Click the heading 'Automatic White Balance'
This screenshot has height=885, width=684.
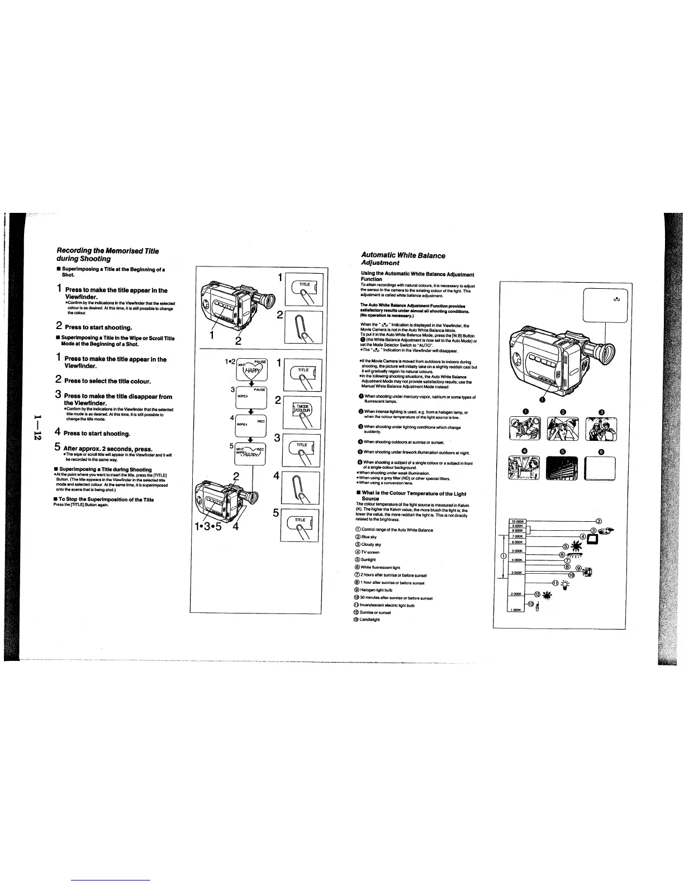(403, 255)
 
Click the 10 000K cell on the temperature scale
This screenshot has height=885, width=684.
(517, 522)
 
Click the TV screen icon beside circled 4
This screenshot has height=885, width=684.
(592, 539)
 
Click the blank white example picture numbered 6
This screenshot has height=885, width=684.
(600, 468)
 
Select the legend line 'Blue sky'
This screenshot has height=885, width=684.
(369, 537)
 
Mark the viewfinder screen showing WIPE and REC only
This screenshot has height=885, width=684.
(251, 427)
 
